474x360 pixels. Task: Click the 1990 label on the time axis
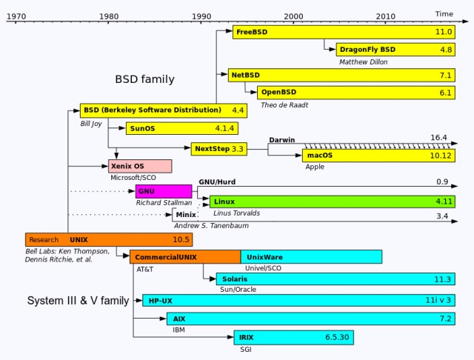[201, 16]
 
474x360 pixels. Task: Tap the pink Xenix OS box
[140, 166]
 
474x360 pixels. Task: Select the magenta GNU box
[164, 191]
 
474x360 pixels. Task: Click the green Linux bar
[333, 201]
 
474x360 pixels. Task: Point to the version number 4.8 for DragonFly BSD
[446, 50]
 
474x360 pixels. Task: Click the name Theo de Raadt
[284, 105]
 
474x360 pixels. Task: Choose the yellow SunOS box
[182, 128]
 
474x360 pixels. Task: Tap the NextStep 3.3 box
[219, 149]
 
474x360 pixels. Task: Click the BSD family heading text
[144, 79]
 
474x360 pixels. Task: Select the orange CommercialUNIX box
[185, 257]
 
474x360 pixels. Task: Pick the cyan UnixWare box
[311, 257]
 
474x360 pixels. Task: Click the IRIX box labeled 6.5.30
[293, 338]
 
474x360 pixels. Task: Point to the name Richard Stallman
[164, 202]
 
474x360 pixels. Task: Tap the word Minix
[186, 215]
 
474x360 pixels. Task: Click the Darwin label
[281, 140]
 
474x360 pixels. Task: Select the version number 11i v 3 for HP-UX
[438, 300]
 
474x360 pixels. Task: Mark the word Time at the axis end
[444, 14]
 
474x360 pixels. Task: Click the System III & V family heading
[78, 301]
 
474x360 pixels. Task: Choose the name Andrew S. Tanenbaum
[211, 226]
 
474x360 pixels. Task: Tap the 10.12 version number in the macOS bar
[441, 156]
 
